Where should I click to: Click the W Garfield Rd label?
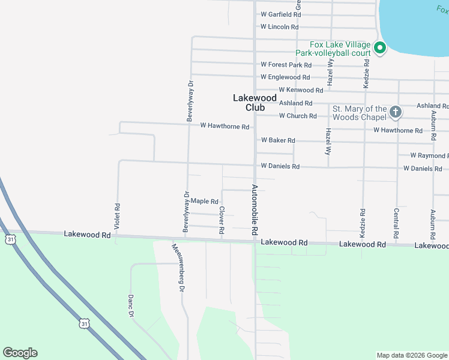pos(280,14)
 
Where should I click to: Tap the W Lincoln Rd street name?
pos(279,27)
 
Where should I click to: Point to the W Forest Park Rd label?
pos(286,65)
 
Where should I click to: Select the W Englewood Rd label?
pos(285,77)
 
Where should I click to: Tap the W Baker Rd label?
pos(278,140)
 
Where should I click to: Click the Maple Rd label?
pos(205,202)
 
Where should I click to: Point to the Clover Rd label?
pos(222,220)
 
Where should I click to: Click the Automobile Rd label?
pos(255,209)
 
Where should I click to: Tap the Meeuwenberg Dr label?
pos(177,268)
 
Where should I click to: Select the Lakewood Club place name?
pos(255,103)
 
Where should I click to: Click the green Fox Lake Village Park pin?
pos(379,47)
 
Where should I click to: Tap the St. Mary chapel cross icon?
pos(395,112)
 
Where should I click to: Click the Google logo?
pos(20,353)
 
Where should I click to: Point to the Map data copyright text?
pos(412,356)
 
